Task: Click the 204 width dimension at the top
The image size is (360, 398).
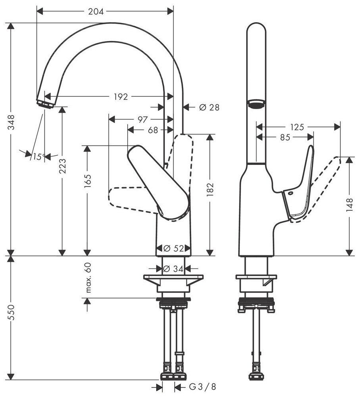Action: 96,11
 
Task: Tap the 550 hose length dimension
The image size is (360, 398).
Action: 11,314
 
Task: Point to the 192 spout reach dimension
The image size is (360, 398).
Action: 121,96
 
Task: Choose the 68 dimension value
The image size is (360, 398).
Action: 153,130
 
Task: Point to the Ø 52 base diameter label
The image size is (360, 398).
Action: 174,249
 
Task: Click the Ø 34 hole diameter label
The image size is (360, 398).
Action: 174,269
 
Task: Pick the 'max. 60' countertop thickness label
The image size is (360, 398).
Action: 88,277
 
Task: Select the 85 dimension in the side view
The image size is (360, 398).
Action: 285,137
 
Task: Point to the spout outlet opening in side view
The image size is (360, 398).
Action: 256,104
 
